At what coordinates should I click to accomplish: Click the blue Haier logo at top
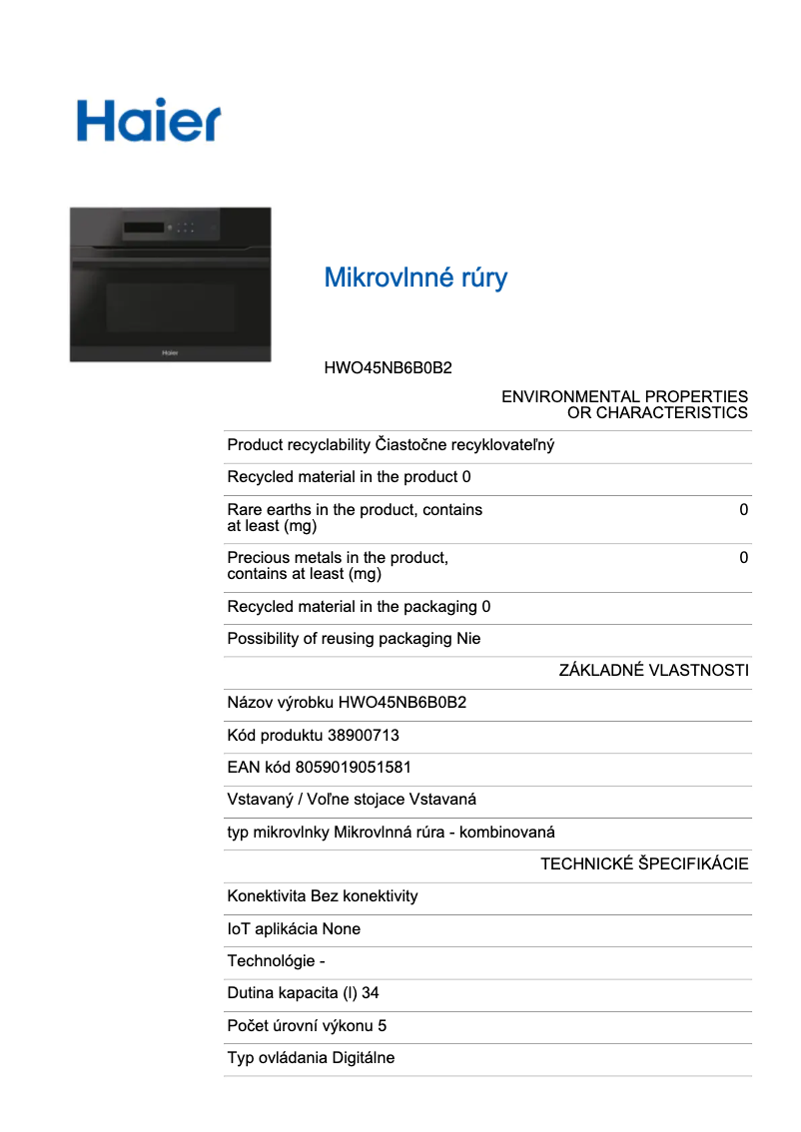pos(149,119)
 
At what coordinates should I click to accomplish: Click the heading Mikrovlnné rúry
pos(415,278)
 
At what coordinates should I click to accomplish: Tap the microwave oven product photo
pos(170,284)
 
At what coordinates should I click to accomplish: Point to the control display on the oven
pos(146,230)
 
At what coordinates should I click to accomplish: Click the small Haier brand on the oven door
pos(170,350)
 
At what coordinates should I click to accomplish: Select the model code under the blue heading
pos(388,368)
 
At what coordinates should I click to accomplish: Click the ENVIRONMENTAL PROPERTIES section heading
pos(624,404)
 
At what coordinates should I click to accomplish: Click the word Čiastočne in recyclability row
pos(410,445)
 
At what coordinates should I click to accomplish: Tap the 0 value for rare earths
pos(743,510)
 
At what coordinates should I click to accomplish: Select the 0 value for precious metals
pos(743,558)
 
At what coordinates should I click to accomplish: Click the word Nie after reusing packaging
pos(468,639)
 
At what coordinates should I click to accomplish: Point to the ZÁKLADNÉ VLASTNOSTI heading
pos(653,671)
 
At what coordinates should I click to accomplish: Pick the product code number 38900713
pos(364,736)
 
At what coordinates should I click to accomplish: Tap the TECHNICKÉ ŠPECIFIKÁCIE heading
pos(644,864)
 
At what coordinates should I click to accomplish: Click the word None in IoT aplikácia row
pos(342,929)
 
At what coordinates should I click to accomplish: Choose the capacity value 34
pos(370,993)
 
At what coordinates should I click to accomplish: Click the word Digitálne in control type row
pos(364,1058)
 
